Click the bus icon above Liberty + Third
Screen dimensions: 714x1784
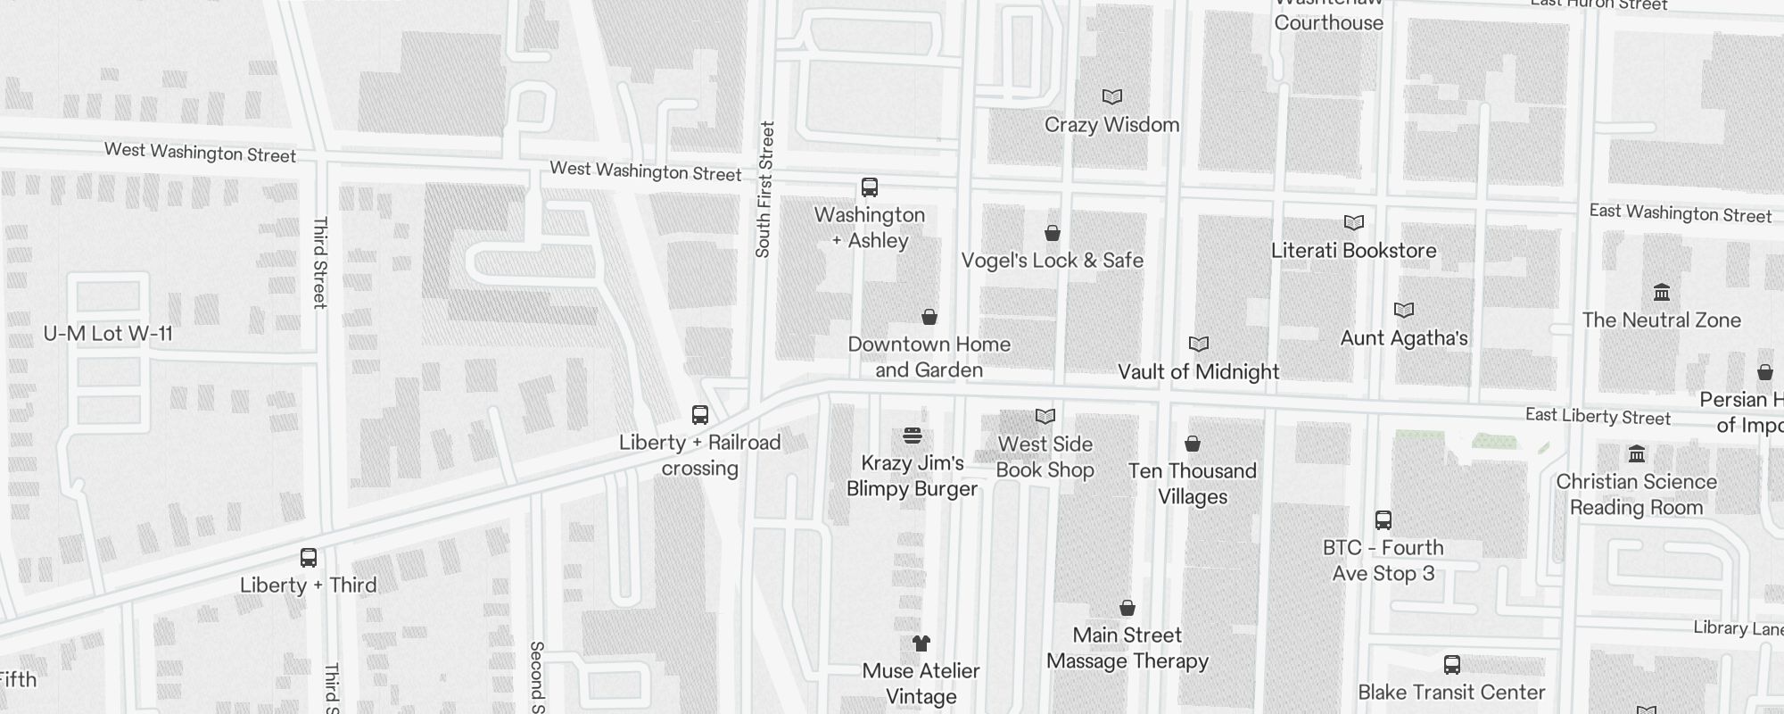click(x=309, y=559)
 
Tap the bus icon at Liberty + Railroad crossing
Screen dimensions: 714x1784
click(x=700, y=415)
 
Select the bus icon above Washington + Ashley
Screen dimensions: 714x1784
click(x=870, y=187)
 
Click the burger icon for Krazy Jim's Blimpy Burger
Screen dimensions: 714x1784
click(x=913, y=436)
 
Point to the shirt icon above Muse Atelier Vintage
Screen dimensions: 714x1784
click(x=921, y=643)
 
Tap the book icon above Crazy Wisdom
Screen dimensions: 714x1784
click(x=1111, y=96)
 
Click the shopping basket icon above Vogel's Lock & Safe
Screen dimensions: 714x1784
click(x=1053, y=233)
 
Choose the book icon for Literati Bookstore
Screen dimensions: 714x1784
click(x=1354, y=222)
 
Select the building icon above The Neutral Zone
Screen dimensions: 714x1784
click(x=1662, y=293)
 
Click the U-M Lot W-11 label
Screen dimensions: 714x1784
click(x=108, y=334)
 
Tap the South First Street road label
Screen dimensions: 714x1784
click(x=764, y=190)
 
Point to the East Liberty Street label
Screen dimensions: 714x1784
click(x=1598, y=416)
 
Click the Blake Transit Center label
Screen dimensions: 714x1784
click(x=1451, y=692)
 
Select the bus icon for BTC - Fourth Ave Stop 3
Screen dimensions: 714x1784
click(x=1383, y=520)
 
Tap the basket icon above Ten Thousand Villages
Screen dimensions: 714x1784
click(x=1193, y=444)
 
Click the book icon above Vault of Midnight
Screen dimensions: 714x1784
click(x=1199, y=344)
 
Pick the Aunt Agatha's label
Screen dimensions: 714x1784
click(x=1404, y=338)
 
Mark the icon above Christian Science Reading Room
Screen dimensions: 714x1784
click(x=1637, y=454)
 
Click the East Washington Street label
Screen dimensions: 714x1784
click(x=1681, y=213)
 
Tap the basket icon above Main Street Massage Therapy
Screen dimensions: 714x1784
click(x=1127, y=608)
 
